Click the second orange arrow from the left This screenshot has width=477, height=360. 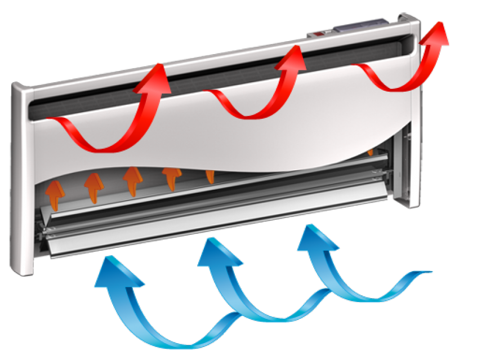click(x=93, y=186)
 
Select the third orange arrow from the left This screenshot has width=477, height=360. click(x=132, y=179)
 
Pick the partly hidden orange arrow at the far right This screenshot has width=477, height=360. click(x=370, y=152)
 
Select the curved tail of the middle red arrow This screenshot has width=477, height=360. click(x=237, y=107)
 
